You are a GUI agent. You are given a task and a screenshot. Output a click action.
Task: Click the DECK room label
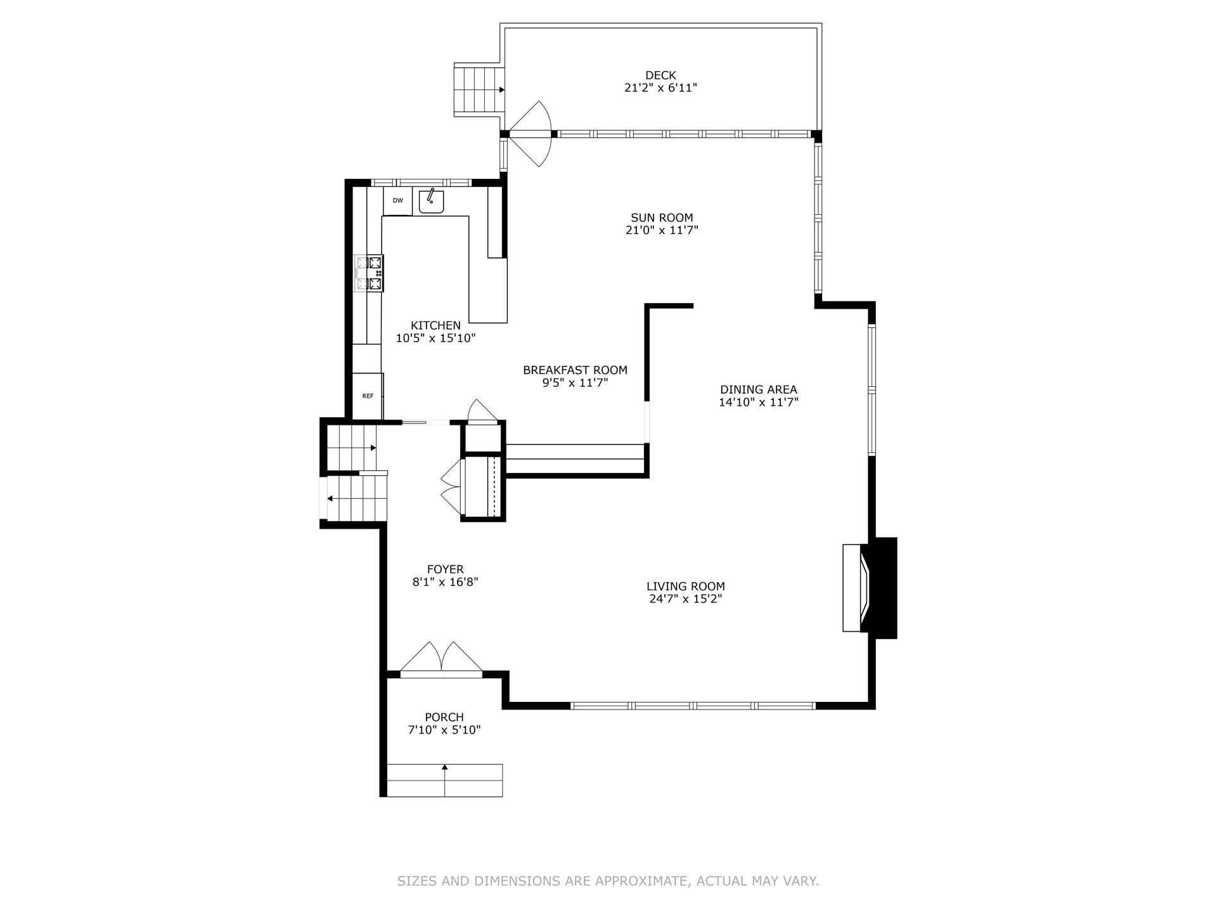coord(660,75)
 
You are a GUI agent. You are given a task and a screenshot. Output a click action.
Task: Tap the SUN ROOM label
coord(662,217)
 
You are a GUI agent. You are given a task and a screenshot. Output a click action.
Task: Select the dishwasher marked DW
coord(397,201)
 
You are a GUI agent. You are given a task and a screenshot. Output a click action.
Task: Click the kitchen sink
coord(431,201)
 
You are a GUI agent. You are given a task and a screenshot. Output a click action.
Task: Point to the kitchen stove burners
coord(369,273)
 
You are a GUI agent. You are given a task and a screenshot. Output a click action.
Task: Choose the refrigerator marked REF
coord(368,396)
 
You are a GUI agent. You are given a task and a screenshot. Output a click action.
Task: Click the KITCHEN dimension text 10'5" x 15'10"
coord(435,339)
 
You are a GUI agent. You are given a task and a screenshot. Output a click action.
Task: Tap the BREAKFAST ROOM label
coord(575,370)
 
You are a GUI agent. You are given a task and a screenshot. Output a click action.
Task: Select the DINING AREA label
coord(758,389)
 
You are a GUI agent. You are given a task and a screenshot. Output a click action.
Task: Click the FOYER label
coord(445,569)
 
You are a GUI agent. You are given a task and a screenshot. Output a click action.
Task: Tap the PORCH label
coord(444,717)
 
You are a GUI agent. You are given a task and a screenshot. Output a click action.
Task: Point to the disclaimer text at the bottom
coord(608,881)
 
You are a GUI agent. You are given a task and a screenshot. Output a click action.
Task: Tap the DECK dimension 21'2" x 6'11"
coord(660,88)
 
